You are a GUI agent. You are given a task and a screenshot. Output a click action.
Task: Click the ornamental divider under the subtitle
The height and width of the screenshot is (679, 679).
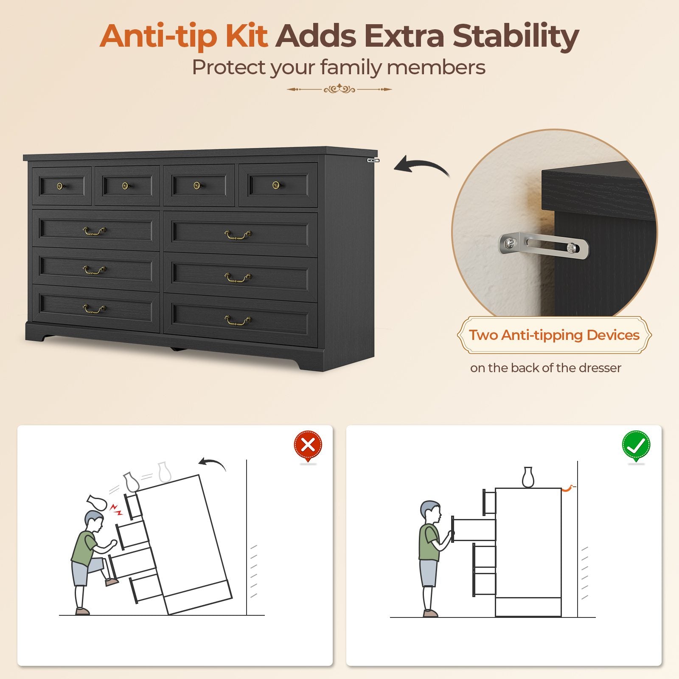coord(339,89)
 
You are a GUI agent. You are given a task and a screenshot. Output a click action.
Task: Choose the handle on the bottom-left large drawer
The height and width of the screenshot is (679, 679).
coord(94,309)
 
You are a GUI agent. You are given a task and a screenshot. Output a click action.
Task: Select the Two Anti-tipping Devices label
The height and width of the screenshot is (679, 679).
coord(554,335)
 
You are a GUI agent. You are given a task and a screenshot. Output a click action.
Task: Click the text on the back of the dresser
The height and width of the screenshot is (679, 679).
coord(545,368)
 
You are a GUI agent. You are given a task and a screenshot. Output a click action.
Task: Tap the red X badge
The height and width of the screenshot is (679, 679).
coord(308,446)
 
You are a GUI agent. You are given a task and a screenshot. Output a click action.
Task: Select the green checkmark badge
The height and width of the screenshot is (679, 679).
coord(636,446)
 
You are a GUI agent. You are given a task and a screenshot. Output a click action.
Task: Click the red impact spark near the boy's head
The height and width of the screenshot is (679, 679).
coord(116,510)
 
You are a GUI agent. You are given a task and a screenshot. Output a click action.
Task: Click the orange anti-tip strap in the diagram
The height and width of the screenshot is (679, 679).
coord(568,488)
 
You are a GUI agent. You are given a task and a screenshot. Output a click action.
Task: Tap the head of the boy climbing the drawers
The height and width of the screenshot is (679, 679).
coord(94,522)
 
